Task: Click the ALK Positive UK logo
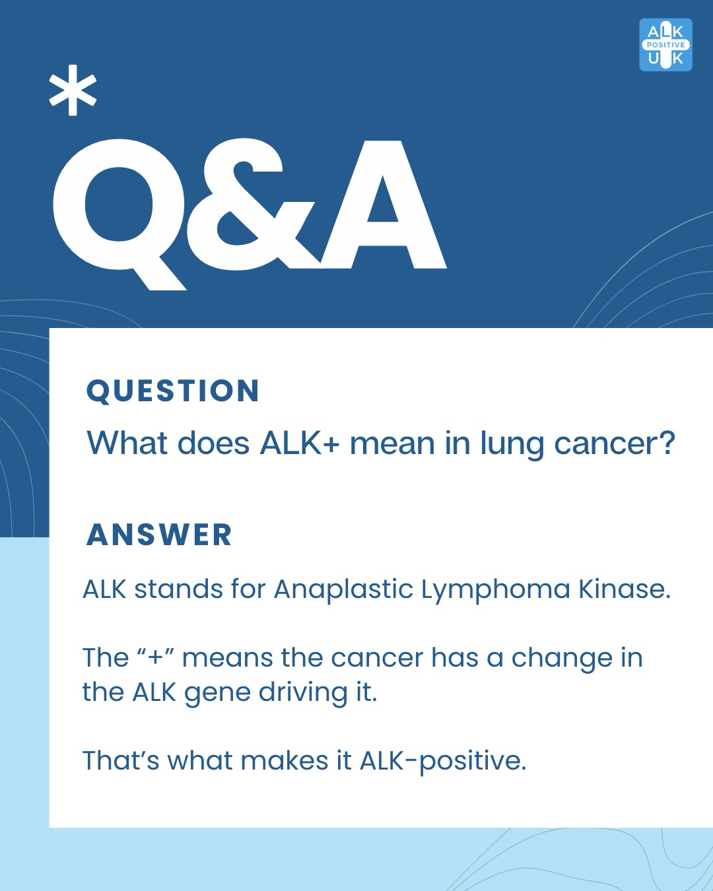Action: click(x=665, y=45)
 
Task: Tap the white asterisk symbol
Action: click(x=73, y=90)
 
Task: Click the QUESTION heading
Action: click(x=173, y=391)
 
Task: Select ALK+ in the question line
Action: click(x=300, y=443)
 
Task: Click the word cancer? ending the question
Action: click(x=615, y=444)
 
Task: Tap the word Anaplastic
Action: click(x=343, y=589)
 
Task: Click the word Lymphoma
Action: click(x=496, y=589)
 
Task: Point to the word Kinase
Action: click(x=625, y=589)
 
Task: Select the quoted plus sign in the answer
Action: click(x=156, y=657)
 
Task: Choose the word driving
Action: click(x=303, y=693)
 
